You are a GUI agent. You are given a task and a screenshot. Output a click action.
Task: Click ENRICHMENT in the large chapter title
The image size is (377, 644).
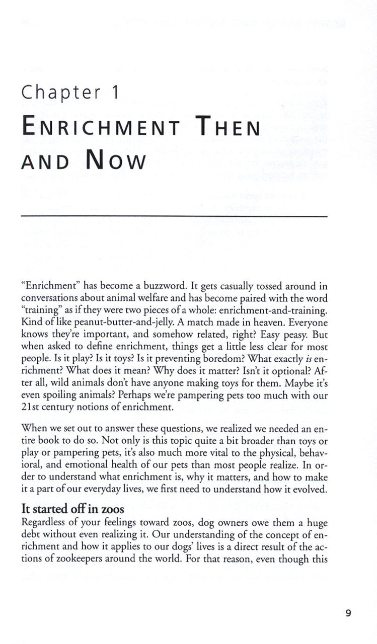101,127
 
